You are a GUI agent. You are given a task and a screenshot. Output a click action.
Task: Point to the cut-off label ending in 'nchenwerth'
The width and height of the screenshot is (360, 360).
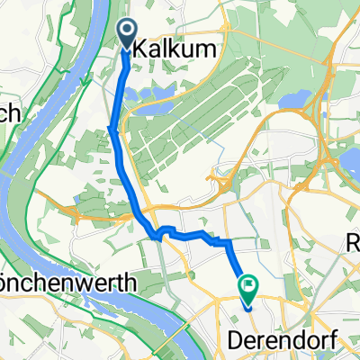point(67,283)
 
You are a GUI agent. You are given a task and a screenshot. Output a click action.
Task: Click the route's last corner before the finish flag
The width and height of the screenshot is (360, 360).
point(229,243)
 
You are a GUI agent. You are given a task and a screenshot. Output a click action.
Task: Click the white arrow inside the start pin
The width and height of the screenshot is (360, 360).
point(125,31)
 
